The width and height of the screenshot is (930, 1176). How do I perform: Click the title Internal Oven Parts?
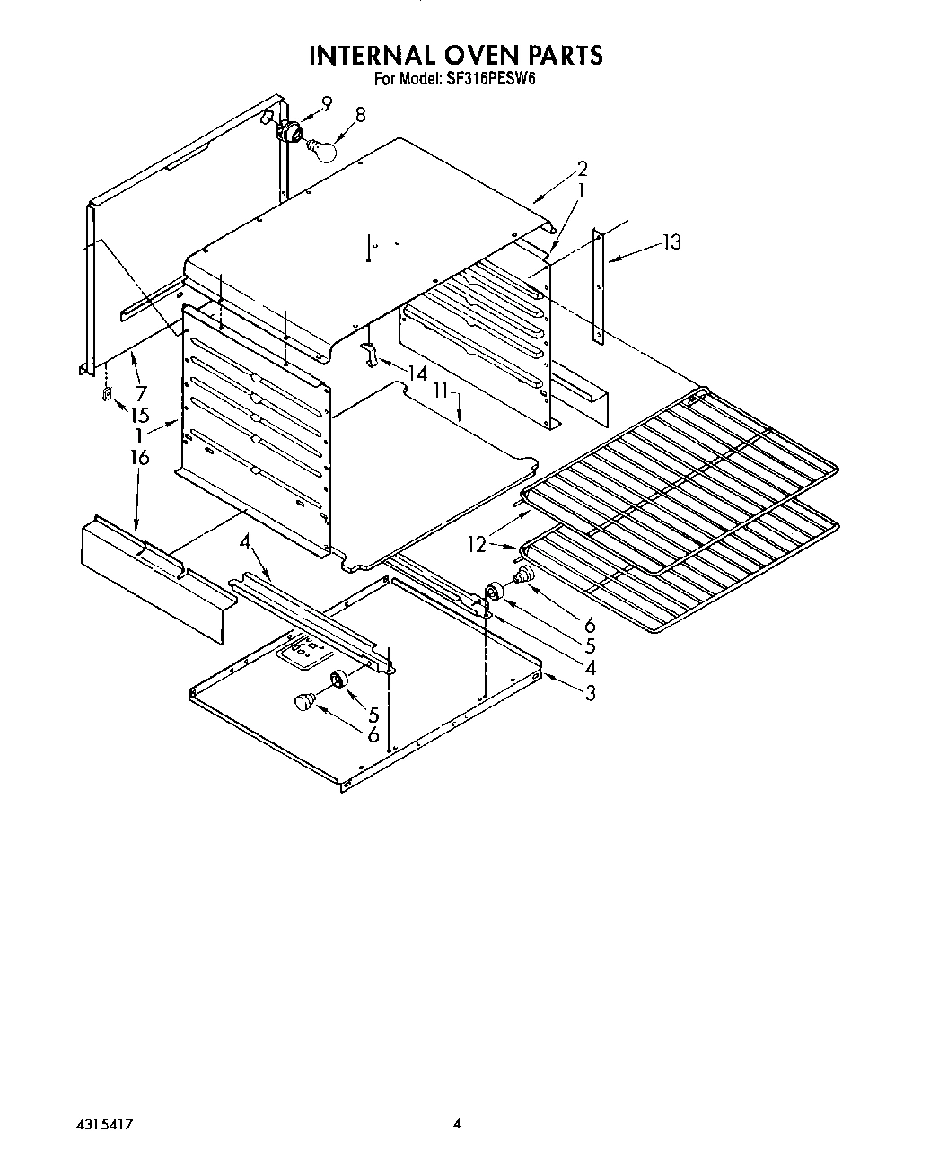coord(456,56)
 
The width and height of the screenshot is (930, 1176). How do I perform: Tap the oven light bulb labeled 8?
coord(322,148)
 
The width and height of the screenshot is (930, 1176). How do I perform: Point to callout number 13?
coord(671,241)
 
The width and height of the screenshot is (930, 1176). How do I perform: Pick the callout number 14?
coord(416,373)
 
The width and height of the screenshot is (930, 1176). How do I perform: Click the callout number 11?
coord(443,391)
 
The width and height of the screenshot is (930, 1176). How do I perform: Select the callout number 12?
coord(477,542)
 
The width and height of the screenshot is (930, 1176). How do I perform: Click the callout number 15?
coord(138,417)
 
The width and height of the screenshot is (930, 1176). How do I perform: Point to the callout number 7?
coord(140,392)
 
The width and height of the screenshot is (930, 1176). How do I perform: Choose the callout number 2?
coord(583,168)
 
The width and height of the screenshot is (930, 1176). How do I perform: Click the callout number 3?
coord(590,692)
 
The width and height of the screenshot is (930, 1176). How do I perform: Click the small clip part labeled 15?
coord(107,395)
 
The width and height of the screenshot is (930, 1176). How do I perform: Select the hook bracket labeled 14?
coord(368,354)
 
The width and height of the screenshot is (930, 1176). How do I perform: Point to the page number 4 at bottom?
coord(457,1123)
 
